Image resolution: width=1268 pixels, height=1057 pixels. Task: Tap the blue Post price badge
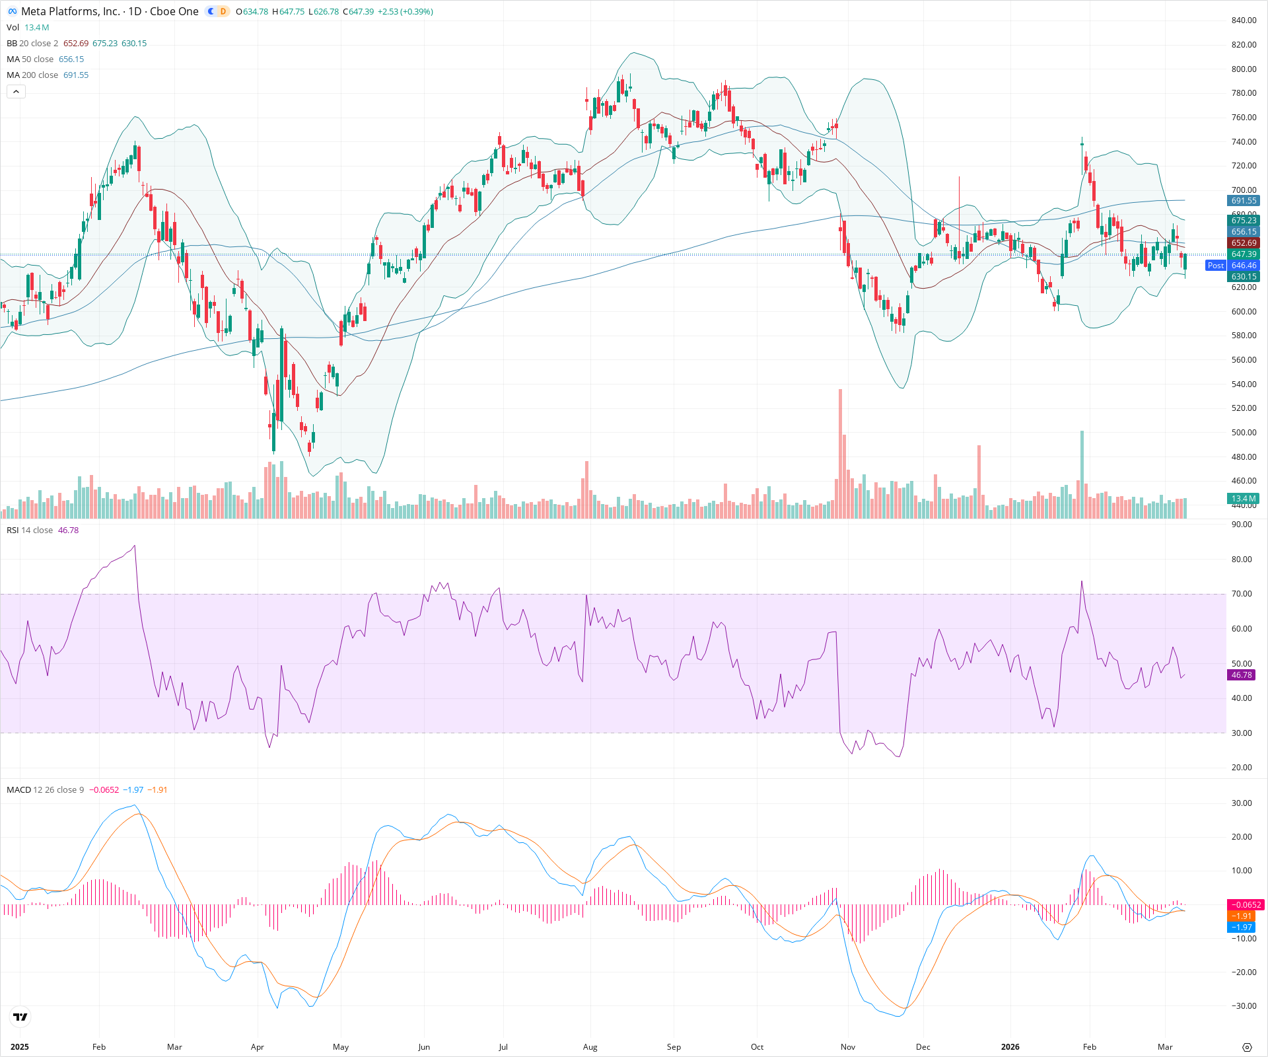(x=1215, y=266)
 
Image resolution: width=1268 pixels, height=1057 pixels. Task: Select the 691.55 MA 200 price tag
(x=1244, y=201)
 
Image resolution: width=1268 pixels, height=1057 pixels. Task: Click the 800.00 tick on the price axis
(x=1244, y=69)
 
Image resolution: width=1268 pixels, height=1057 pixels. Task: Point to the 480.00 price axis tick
(x=1244, y=456)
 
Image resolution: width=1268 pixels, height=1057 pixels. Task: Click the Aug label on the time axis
(x=590, y=1046)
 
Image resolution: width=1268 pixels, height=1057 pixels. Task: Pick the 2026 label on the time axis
(x=1010, y=1046)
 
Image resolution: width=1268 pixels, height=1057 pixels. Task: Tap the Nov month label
(x=847, y=1046)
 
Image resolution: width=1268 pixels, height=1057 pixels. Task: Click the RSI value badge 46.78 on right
(x=1242, y=675)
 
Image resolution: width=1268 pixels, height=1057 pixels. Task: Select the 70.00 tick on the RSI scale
(x=1242, y=594)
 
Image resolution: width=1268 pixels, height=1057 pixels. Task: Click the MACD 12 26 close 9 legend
(x=45, y=789)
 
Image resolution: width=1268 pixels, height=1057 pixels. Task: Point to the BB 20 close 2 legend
(x=32, y=43)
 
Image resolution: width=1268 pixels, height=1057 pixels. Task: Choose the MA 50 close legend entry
(x=30, y=59)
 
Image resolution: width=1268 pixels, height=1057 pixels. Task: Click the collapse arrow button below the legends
(x=16, y=91)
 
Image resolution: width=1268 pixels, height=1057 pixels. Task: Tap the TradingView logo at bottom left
(x=20, y=1017)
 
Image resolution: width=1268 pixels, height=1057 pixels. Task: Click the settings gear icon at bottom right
(x=1247, y=1047)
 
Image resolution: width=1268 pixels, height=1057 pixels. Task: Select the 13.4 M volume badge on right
(x=1244, y=499)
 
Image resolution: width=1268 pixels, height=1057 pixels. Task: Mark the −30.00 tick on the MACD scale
(x=1242, y=1006)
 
